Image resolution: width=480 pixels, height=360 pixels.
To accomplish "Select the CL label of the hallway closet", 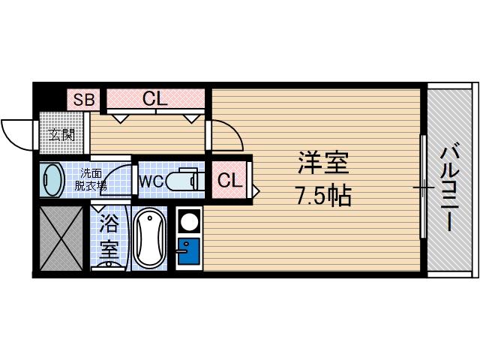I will click(x=155, y=98).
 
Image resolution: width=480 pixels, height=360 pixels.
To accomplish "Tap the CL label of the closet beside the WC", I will click(x=229, y=180).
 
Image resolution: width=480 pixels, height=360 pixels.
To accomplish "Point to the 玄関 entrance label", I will click(x=61, y=135).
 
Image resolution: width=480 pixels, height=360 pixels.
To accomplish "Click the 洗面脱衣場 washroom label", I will click(x=93, y=180).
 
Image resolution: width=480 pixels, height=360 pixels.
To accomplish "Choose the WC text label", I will click(x=150, y=181).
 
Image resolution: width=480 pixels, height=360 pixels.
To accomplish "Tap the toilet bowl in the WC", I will click(x=180, y=181).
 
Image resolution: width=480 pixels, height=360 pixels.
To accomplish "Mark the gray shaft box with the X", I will click(x=61, y=237).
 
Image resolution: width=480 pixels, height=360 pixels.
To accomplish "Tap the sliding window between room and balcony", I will click(x=423, y=184).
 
